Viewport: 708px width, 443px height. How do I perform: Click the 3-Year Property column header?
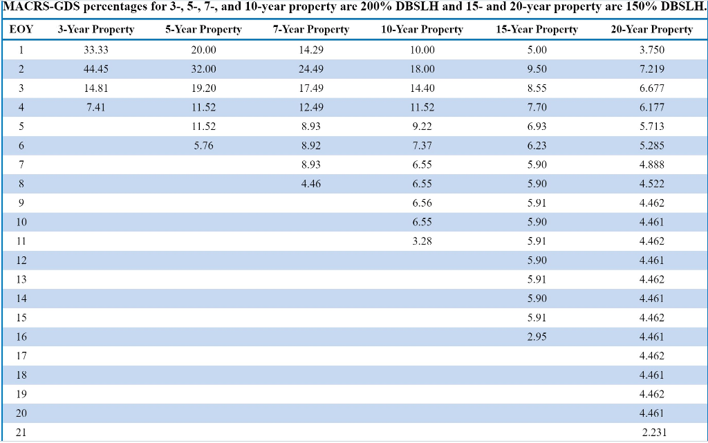(95, 30)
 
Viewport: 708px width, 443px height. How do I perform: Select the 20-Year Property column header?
(651, 30)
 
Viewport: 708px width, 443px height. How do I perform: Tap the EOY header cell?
(21, 30)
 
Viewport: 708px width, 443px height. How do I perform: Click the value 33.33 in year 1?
(95, 50)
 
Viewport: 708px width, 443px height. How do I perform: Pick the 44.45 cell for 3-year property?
(95, 69)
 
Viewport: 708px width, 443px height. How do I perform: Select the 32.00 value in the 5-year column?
(203, 69)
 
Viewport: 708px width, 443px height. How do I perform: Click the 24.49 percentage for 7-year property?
(311, 69)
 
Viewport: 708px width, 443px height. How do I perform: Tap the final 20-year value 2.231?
(653, 433)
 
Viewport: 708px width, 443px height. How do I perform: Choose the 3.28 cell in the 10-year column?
(422, 241)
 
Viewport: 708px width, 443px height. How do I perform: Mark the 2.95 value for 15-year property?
(537, 337)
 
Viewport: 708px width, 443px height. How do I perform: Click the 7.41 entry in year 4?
(95, 108)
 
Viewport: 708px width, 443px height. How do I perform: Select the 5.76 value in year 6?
(203, 146)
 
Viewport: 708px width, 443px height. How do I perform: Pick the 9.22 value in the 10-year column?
(422, 126)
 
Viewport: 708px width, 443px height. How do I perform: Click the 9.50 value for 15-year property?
(537, 69)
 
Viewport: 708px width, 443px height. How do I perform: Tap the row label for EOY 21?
(21, 433)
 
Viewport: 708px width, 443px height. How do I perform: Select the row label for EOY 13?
(21, 279)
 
